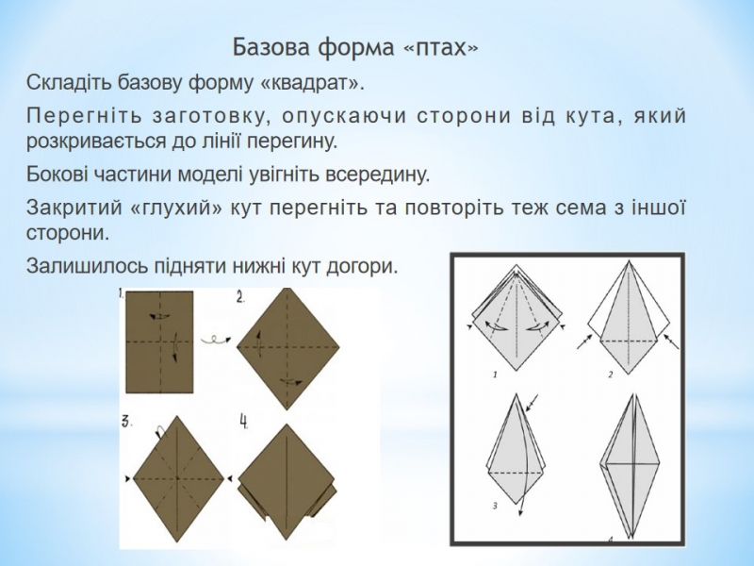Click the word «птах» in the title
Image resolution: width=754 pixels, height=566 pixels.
click(x=440, y=49)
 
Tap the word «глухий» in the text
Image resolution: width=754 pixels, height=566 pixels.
click(x=177, y=208)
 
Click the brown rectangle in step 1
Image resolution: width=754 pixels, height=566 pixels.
click(x=159, y=341)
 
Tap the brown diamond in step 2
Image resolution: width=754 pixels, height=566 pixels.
click(x=288, y=349)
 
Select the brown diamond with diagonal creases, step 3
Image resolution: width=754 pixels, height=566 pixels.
click(x=178, y=478)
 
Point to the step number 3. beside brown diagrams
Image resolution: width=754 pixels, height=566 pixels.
click(x=126, y=422)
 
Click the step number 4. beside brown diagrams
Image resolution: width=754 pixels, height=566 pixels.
click(x=244, y=422)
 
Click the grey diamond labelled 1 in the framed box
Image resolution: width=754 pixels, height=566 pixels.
click(x=516, y=318)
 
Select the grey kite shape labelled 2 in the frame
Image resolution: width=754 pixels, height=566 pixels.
click(x=629, y=318)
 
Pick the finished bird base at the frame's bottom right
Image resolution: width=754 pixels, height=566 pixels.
click(x=631, y=466)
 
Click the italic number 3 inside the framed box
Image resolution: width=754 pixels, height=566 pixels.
click(x=495, y=506)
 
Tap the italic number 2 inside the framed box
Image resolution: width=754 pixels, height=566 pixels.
click(x=611, y=375)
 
